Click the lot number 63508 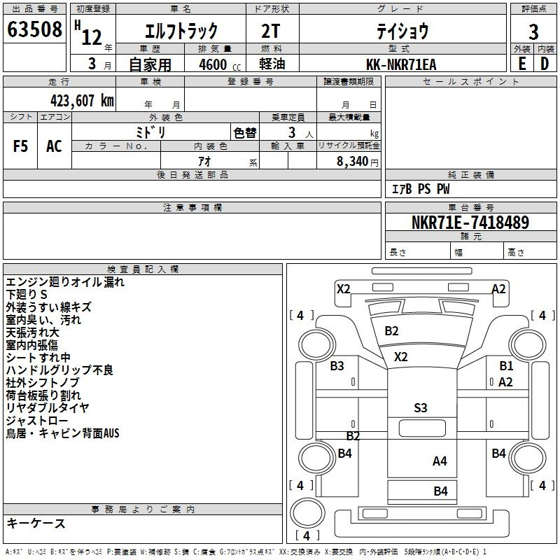34,29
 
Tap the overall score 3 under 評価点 533,32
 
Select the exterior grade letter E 522,64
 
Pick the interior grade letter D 545,64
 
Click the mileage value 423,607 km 82,101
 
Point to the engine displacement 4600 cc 220,64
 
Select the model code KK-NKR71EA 401,64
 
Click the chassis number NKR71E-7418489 470,223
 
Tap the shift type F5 20,146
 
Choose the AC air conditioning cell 54,146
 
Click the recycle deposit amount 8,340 352,162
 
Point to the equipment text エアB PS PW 421,189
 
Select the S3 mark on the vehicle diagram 421,408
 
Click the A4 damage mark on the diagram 440,461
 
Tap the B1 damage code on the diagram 506,365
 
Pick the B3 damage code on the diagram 337,365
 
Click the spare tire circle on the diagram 307,513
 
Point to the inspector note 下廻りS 27,295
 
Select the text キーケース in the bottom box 36,524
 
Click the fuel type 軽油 272,64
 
